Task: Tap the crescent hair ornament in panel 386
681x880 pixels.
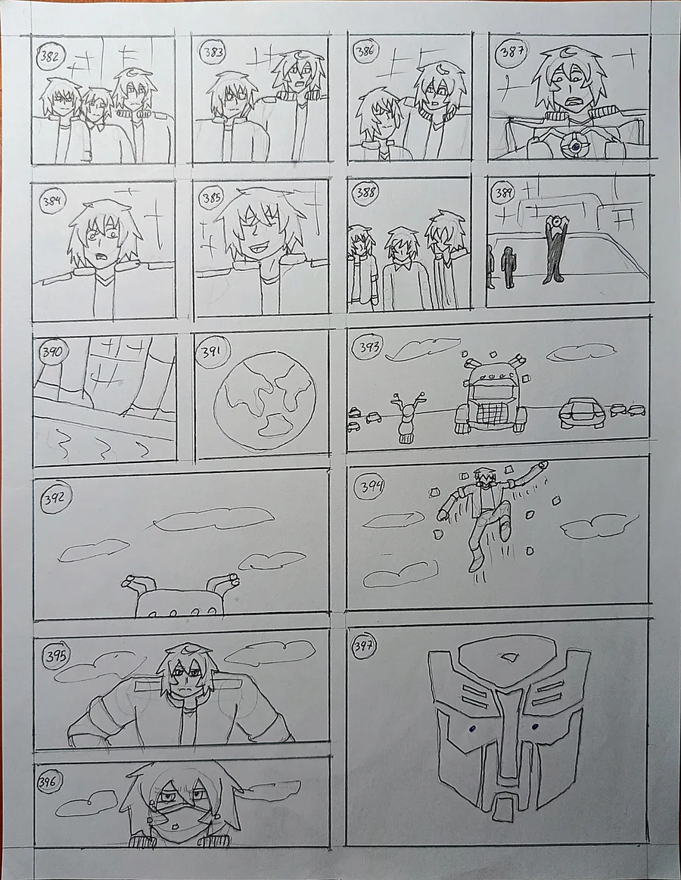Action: tap(443, 69)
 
